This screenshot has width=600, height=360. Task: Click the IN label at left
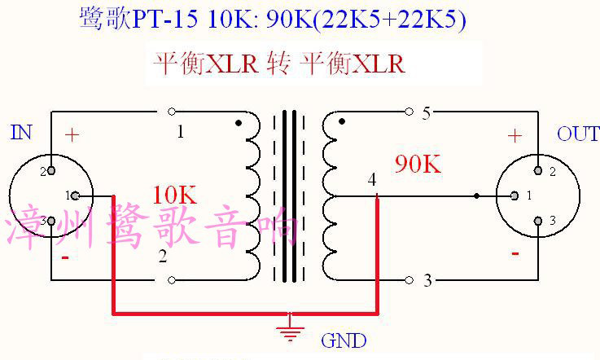[x=21, y=132]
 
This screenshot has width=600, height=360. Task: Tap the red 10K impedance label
[x=174, y=195]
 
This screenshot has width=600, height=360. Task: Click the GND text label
[x=344, y=340]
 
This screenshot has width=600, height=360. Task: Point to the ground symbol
[x=287, y=331]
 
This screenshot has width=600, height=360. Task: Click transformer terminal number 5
[x=426, y=113]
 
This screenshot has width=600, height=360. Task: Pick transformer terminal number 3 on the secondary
[x=427, y=282]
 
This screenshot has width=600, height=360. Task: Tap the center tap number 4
[x=372, y=179]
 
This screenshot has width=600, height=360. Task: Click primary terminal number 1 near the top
[x=180, y=131]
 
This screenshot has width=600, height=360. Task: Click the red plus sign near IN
[x=72, y=135]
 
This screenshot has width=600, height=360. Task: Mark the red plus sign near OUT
[x=514, y=136]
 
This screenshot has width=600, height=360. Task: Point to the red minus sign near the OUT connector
[x=515, y=253]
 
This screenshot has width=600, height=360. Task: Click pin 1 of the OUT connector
[x=515, y=195]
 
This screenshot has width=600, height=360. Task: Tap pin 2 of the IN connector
[x=51, y=170]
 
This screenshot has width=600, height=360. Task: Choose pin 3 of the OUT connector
[x=538, y=221]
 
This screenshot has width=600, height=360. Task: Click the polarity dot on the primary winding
[x=238, y=124]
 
